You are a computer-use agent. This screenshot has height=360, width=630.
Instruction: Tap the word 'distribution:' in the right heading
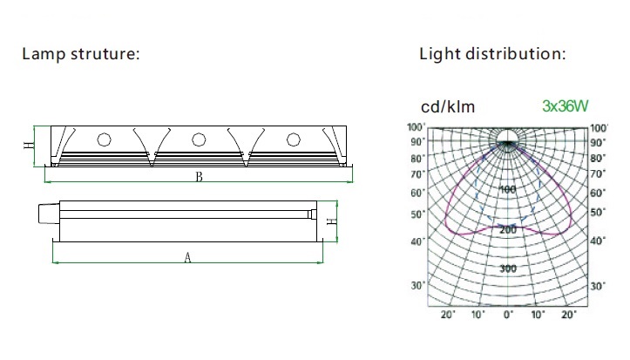point(516,54)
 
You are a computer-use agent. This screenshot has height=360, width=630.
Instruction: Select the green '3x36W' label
point(565,106)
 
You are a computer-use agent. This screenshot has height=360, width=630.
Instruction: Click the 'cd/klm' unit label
point(448,106)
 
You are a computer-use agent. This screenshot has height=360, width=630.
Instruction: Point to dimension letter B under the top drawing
point(199,177)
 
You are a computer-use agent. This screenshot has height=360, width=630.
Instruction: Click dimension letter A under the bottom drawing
point(187,257)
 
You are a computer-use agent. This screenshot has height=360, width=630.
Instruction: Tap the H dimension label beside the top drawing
point(29,145)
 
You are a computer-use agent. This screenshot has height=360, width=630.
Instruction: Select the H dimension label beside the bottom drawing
point(332,221)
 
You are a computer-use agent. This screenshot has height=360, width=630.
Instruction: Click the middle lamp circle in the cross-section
point(199,139)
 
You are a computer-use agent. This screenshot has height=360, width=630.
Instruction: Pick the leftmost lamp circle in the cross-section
point(104,139)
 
